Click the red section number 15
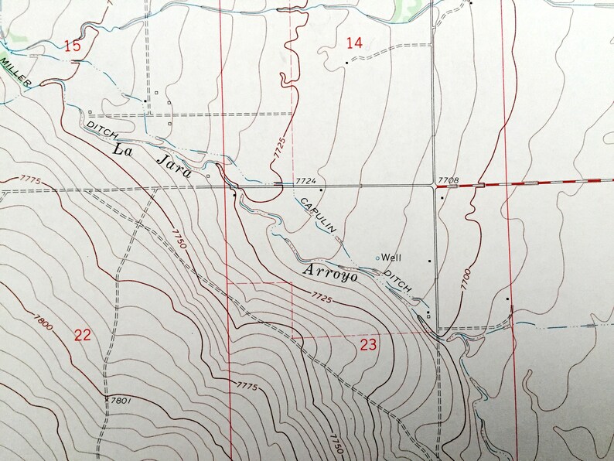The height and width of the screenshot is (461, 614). [x=72, y=46]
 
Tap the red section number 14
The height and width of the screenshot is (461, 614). [x=353, y=44]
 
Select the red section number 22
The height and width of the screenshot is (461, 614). [x=83, y=335]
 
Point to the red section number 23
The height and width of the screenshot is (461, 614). [x=368, y=345]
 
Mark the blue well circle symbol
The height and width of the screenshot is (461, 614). [x=378, y=257]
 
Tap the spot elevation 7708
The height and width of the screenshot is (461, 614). [x=448, y=181]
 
